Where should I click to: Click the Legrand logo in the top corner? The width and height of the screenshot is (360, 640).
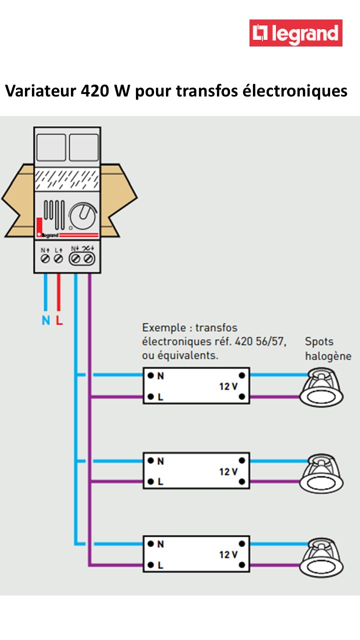click(296, 33)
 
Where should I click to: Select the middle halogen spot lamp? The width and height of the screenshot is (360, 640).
click(321, 473)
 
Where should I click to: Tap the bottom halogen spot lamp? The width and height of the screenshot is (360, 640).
click(321, 556)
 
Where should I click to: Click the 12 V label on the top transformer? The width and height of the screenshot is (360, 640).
click(228, 386)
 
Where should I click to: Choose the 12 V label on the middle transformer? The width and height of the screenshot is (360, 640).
click(228, 471)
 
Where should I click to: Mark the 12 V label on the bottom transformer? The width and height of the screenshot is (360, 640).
click(228, 554)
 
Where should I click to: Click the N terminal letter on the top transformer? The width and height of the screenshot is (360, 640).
click(160, 376)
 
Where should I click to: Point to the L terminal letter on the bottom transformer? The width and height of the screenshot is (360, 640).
click(160, 566)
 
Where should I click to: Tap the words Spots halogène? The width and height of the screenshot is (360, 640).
click(328, 349)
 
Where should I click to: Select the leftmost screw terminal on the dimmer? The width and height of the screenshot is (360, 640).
click(44, 258)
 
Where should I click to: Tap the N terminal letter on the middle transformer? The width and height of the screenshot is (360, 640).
click(160, 461)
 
